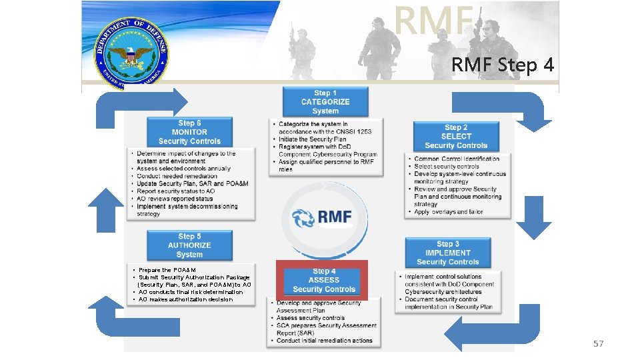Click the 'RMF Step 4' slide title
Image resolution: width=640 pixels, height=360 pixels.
coord(502,65)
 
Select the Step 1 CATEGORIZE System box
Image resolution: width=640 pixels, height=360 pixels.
coord(325,102)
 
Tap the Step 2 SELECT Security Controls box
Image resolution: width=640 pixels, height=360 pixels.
coord(455,136)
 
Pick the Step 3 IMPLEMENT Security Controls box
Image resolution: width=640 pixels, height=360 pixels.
coord(447,253)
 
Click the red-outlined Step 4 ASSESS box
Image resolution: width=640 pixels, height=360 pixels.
coord(323,280)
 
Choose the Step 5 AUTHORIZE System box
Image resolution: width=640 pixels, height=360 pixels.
coord(189,245)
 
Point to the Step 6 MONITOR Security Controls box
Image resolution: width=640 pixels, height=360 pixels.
coord(189,132)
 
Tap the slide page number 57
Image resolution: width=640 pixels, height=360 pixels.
coord(598,344)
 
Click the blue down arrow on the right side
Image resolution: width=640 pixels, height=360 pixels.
coord(533,218)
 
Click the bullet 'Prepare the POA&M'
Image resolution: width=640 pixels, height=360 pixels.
coord(167,270)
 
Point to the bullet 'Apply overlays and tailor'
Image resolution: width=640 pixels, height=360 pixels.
coord(449,212)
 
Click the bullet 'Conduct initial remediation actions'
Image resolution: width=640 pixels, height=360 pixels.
coord(325,341)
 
